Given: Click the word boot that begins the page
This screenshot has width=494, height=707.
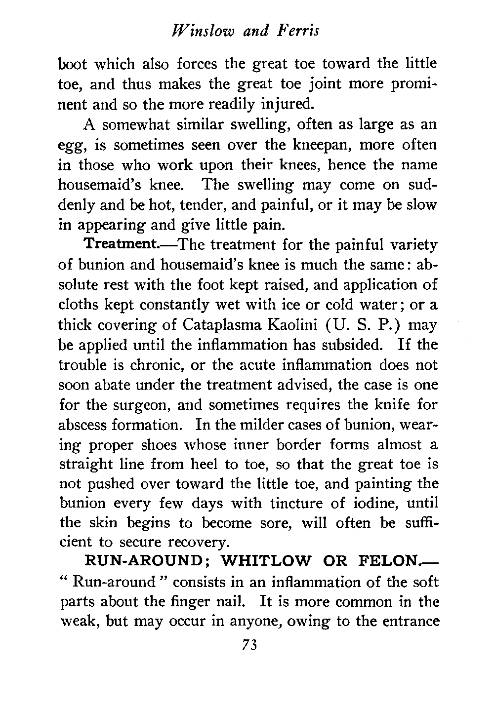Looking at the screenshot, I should pos(75,64).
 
